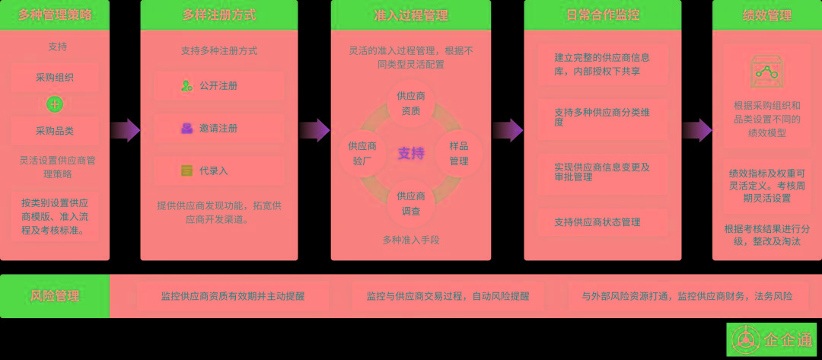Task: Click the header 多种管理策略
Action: pyautogui.click(x=54, y=14)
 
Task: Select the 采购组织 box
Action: pyautogui.click(x=55, y=78)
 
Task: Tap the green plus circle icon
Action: pyautogui.click(x=55, y=104)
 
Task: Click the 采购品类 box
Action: pyautogui.click(x=55, y=131)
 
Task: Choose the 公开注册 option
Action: pyautogui.click(x=218, y=86)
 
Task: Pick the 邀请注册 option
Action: pyautogui.click(x=218, y=129)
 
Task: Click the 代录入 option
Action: pyautogui.click(x=218, y=171)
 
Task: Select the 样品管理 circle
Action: pyautogui.click(x=458, y=153)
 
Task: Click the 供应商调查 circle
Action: pyautogui.click(x=411, y=203)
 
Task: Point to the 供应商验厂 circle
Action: pyautogui.click(x=363, y=153)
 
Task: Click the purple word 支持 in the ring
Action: pyautogui.click(x=411, y=154)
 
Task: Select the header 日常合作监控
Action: pyautogui.click(x=603, y=14)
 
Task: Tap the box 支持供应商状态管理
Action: pyautogui.click(x=602, y=222)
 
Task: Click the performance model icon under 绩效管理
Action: pyautogui.click(x=766, y=72)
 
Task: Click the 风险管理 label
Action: pyautogui.click(x=55, y=296)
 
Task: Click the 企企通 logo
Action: pyautogui.click(x=772, y=340)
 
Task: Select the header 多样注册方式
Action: pyautogui.click(x=219, y=14)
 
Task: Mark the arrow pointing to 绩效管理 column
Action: pyautogui.click(x=696, y=130)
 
